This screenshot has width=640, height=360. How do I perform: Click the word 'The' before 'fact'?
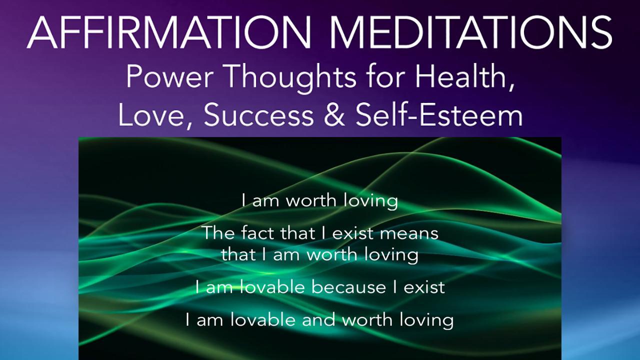pos(217,233)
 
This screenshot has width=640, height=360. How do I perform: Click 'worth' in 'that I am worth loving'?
pos(330,254)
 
